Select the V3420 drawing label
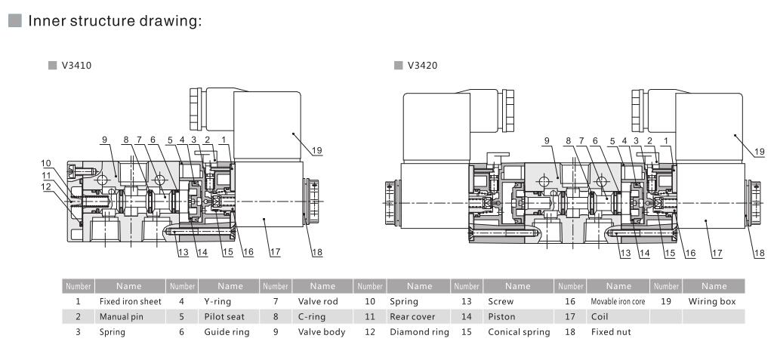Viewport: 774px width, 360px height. [x=422, y=66]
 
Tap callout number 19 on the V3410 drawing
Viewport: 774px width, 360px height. [x=316, y=150]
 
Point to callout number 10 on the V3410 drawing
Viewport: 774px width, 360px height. [x=47, y=163]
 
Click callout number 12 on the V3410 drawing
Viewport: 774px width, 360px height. [x=47, y=186]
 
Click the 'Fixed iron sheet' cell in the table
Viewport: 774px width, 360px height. [x=131, y=302]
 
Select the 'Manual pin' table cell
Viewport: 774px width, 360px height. [x=122, y=317]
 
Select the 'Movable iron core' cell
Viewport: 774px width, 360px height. [x=618, y=302]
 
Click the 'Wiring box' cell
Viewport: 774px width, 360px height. [x=712, y=302]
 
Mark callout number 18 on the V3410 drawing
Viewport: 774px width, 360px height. [x=315, y=253]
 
